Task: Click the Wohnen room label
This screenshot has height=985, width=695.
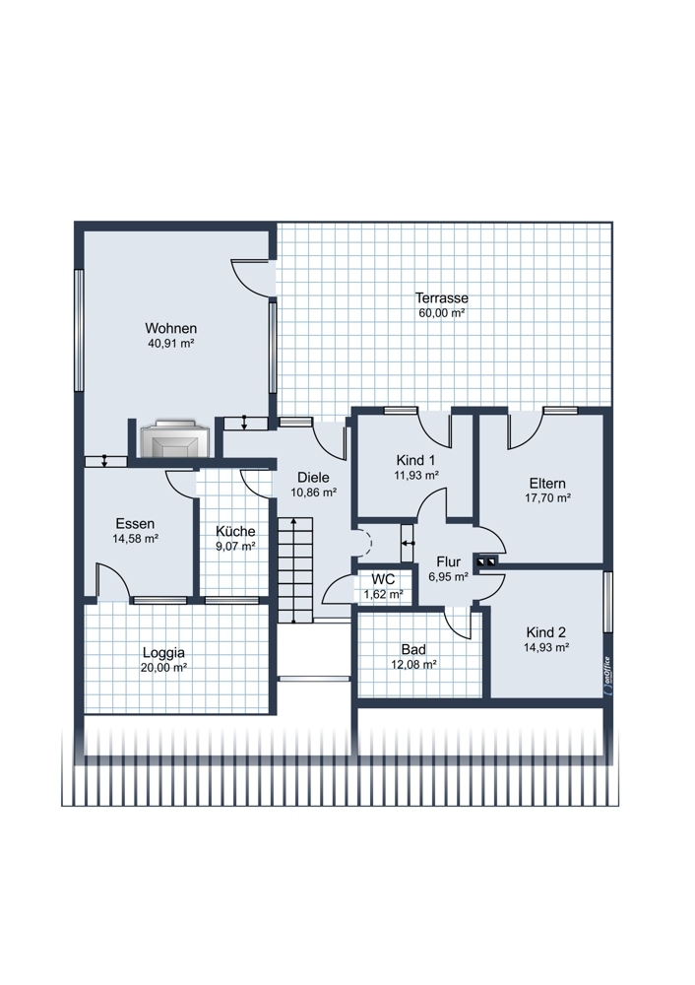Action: tap(170, 328)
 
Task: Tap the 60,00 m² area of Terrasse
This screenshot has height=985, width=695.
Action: tap(441, 313)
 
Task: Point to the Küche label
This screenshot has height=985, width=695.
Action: tap(235, 531)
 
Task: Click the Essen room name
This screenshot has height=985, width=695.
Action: tap(134, 523)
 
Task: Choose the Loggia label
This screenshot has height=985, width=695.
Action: tap(163, 652)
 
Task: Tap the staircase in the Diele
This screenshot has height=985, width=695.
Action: tap(294, 570)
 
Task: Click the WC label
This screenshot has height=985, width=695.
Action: tap(383, 579)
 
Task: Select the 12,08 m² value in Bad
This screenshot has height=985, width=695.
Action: tap(413, 664)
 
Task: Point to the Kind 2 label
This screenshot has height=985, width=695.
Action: tap(546, 632)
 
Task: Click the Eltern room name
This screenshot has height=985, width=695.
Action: tap(547, 483)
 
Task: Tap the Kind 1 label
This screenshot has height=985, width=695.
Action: tap(415, 460)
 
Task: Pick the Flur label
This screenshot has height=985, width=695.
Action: tap(448, 561)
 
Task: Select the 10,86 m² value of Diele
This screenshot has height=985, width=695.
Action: tap(313, 492)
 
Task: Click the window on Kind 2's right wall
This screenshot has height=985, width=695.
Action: tap(607, 602)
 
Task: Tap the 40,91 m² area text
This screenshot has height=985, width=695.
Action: tap(170, 343)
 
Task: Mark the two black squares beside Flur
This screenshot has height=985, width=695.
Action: tap(486, 561)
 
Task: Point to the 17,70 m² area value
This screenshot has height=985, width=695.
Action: tap(547, 498)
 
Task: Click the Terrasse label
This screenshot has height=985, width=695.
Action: tap(441, 297)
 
